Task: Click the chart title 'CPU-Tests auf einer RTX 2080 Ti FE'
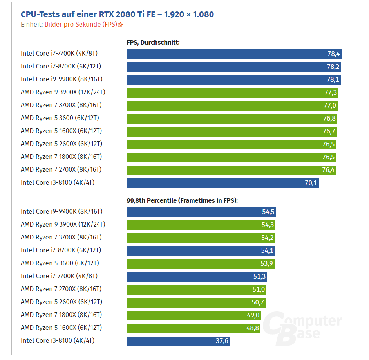pos(117,14)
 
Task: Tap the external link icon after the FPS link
pos(121,24)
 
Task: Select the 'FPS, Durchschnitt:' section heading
pos(153,42)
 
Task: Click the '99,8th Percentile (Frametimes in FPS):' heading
pos(182,200)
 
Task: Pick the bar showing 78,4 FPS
pos(234,54)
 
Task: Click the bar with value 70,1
pos(222,183)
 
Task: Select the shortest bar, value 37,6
pos(178,341)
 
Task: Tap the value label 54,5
pos(268,212)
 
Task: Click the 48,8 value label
pos(253,328)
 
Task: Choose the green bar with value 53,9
pos(201,263)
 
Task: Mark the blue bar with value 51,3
pos(197,276)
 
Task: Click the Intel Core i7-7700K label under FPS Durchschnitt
pos(59,53)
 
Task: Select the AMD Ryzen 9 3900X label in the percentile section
pos(63,224)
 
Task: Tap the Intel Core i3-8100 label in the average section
pos(58,182)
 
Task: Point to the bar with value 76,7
pos(232,131)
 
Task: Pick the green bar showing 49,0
pos(194,315)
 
